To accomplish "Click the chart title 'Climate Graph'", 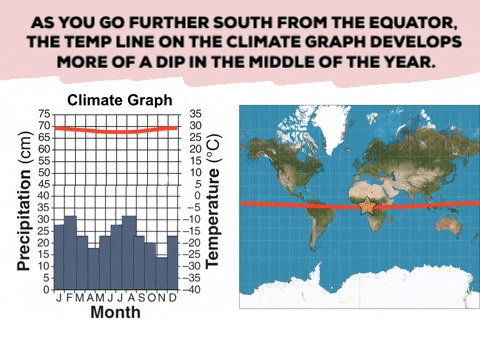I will [119, 100].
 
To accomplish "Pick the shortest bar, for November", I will [161, 273].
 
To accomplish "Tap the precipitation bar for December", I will [173, 262].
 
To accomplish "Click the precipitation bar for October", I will [150, 265].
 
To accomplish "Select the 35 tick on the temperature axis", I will [195, 114].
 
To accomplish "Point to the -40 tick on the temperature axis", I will [195, 290].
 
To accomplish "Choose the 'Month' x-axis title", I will [115, 312].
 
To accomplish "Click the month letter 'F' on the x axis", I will [70, 298].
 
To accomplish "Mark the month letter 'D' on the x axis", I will [173, 298].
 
